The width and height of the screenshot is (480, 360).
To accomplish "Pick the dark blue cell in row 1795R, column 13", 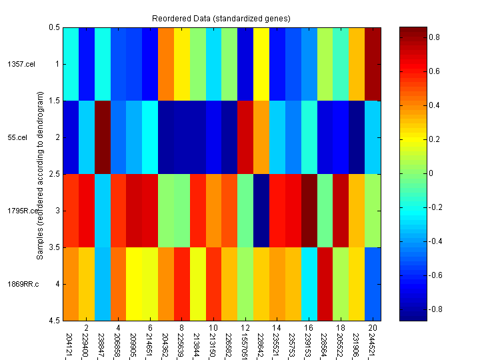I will tap(261, 210).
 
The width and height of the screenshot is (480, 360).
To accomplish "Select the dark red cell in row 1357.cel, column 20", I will tap(373, 63).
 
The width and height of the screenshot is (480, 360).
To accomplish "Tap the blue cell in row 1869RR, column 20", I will tap(373, 283).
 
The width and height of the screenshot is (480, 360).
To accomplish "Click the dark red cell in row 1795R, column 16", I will tap(309, 210).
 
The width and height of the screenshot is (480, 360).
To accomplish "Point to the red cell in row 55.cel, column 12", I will tap(245, 137).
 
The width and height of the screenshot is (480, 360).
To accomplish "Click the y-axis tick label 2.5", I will tap(55, 174).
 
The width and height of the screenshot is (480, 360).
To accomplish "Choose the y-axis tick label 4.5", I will tap(55, 321).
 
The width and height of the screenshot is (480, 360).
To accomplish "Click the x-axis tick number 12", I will tap(245, 328).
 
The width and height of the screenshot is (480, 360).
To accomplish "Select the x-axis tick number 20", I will tap(373, 328).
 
